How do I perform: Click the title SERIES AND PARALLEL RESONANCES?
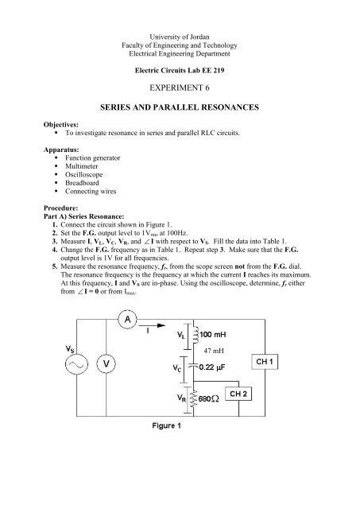point(180,117)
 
